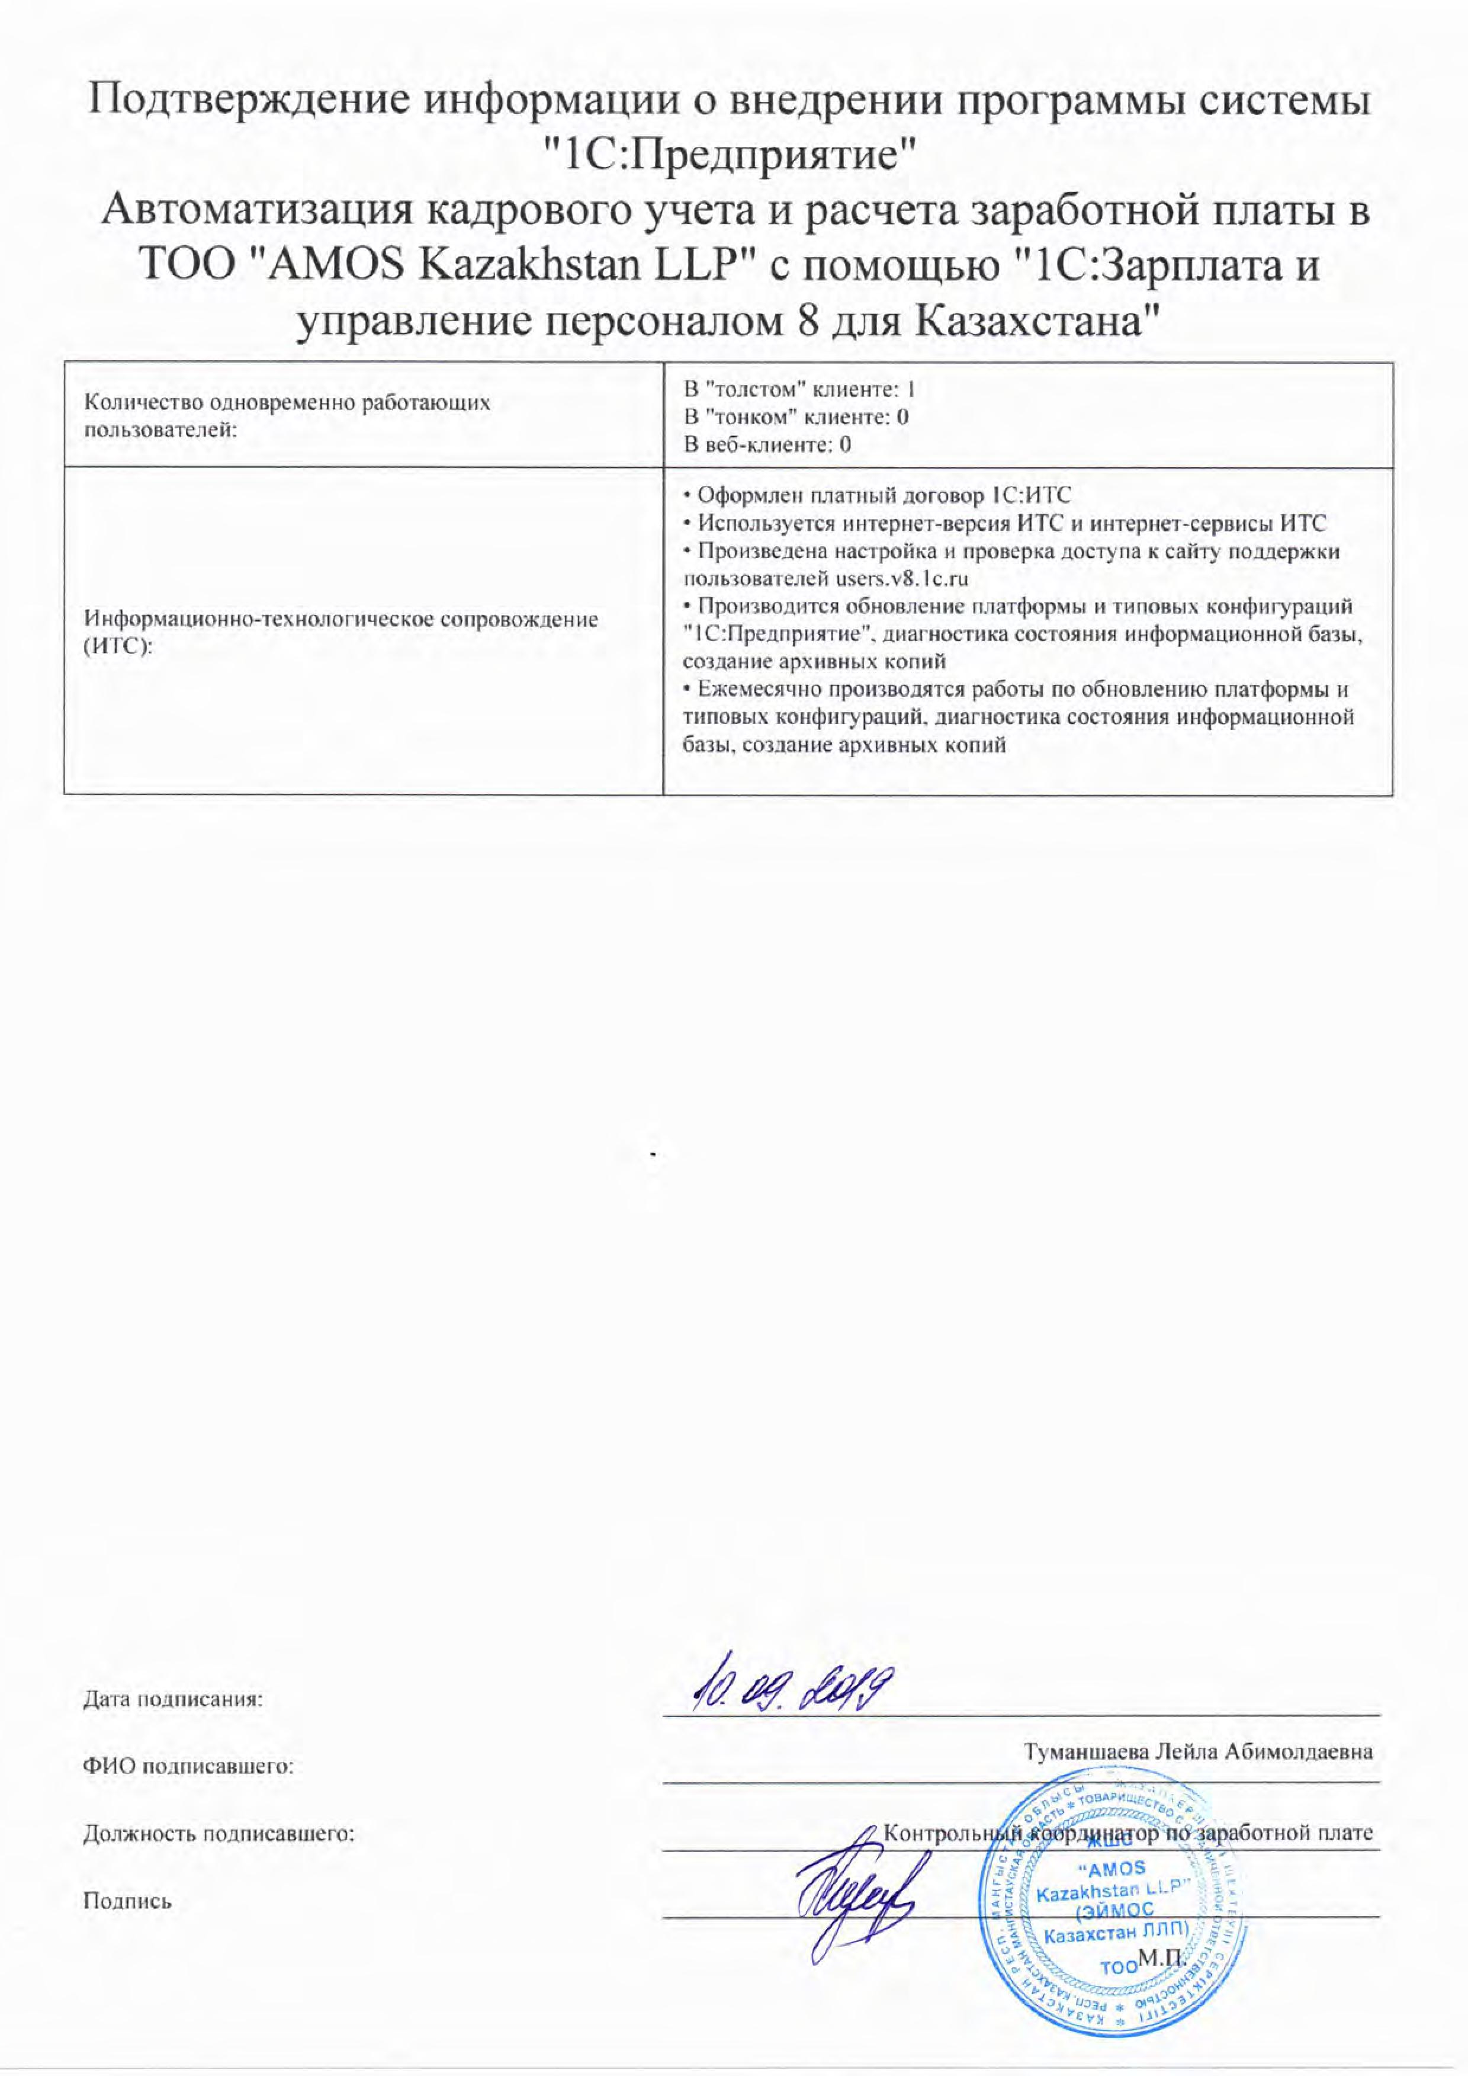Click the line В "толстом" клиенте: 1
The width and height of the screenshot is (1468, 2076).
coord(799,390)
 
